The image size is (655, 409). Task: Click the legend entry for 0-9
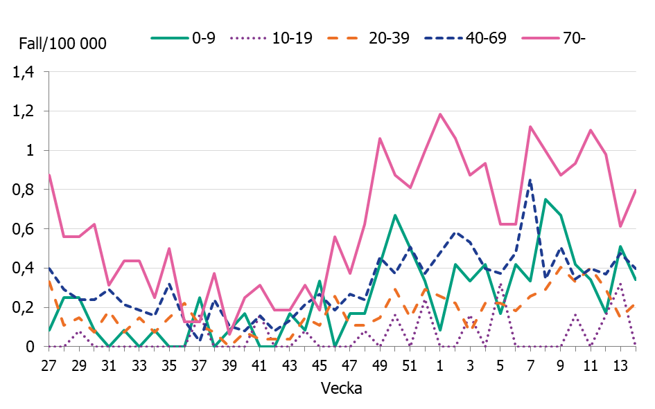[x=184, y=38]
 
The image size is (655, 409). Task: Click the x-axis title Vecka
[x=341, y=388]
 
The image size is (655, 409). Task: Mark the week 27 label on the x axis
[x=49, y=365]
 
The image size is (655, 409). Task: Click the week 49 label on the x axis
[x=380, y=365]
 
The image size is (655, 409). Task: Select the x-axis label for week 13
[x=620, y=365]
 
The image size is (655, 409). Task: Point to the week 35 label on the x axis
[x=169, y=365]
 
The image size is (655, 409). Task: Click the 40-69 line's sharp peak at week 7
[x=530, y=180]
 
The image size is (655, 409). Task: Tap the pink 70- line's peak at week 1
[x=440, y=115]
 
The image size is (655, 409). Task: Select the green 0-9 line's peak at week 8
[x=545, y=199]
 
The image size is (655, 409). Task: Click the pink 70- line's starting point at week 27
[x=49, y=174]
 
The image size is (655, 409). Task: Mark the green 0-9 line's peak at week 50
[x=395, y=215]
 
